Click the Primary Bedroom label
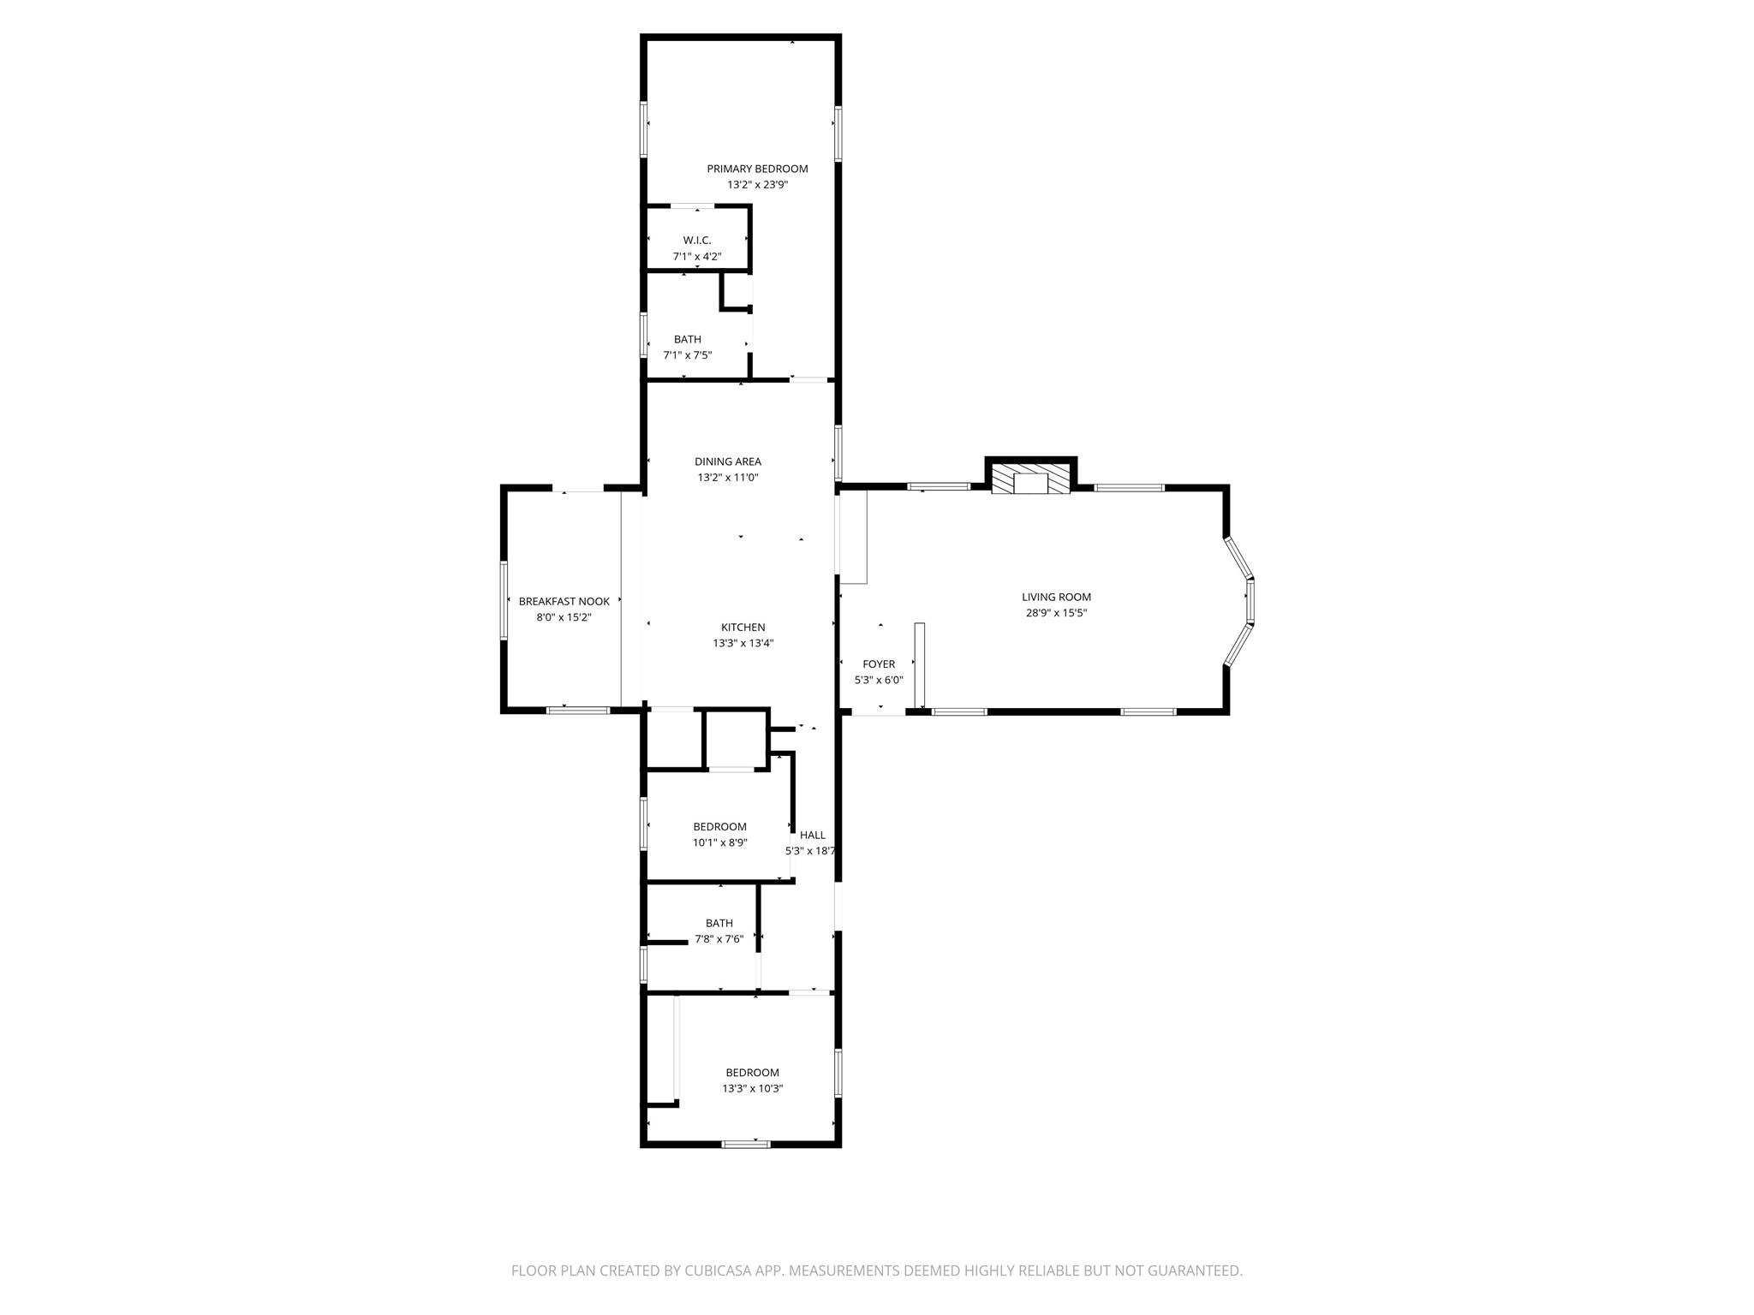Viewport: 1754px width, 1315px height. pyautogui.click(x=757, y=169)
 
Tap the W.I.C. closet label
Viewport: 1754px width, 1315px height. pyautogui.click(x=697, y=241)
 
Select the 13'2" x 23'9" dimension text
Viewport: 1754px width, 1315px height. pyautogui.click(x=757, y=185)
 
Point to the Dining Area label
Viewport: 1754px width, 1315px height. pyautogui.click(x=728, y=461)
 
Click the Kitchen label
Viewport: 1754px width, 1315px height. pyautogui.click(x=743, y=628)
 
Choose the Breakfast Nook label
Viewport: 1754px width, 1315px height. pyautogui.click(x=564, y=602)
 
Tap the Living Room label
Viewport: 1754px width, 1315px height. pyautogui.click(x=1057, y=597)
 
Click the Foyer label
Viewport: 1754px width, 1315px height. pyautogui.click(x=879, y=663)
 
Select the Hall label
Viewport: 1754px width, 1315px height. pyautogui.click(x=813, y=835)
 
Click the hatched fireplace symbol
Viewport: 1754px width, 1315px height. pyautogui.click(x=1031, y=479)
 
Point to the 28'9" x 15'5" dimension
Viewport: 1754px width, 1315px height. pyautogui.click(x=1057, y=613)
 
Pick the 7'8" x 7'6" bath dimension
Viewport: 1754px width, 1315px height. pyautogui.click(x=719, y=939)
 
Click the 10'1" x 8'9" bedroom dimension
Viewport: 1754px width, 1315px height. pyautogui.click(x=720, y=842)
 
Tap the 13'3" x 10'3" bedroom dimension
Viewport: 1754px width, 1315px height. pyautogui.click(x=753, y=1089)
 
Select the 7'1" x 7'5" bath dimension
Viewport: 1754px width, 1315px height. pyautogui.click(x=688, y=355)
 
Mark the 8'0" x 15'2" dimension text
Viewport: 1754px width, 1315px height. pyautogui.click(x=564, y=617)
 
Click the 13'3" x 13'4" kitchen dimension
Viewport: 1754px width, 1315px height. pyautogui.click(x=743, y=644)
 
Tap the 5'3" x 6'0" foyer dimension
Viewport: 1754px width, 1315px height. pyautogui.click(x=879, y=681)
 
